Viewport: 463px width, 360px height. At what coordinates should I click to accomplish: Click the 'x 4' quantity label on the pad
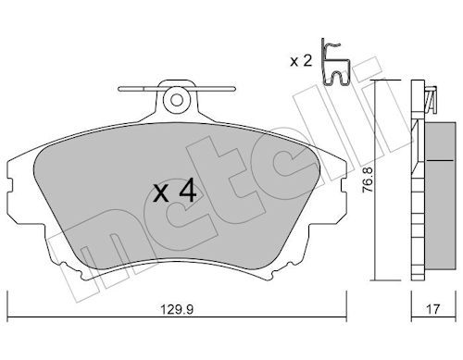coord(174,192)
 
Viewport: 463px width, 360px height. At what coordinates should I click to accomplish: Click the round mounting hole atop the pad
coord(174,97)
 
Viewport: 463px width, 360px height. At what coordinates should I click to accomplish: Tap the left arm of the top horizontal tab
coord(139,91)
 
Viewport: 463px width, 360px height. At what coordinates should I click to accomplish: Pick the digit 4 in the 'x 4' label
coord(187,192)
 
